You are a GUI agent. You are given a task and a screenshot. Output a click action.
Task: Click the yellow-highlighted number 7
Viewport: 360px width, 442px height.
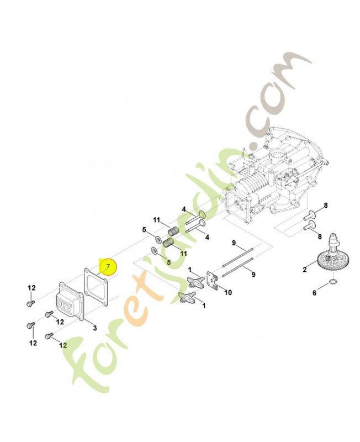pos(108,267)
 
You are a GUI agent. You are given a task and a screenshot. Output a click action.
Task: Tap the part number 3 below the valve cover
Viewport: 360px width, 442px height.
pos(94,328)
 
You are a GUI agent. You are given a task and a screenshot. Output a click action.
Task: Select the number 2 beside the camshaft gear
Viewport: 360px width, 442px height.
pos(304,270)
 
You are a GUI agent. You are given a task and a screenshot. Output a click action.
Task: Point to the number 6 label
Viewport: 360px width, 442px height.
pos(315,293)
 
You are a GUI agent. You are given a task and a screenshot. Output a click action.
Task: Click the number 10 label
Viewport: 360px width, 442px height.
pos(228,292)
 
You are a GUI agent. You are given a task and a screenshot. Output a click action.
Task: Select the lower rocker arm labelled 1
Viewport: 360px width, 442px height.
pos(185,298)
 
